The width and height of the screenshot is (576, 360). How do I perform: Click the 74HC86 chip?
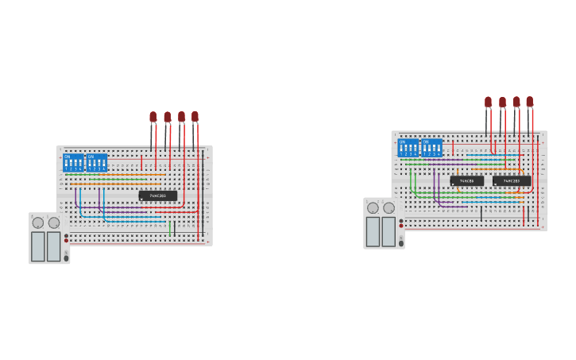point(467,181)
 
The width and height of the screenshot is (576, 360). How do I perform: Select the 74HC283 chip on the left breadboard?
point(158,195)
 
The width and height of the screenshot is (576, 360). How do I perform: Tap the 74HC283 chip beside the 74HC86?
point(512,181)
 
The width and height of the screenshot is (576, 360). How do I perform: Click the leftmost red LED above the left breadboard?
point(153,117)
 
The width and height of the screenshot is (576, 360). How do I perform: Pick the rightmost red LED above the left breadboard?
point(195,117)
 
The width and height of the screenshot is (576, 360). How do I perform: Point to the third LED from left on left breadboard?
point(181,117)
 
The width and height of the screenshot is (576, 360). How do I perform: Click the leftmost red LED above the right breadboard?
point(488,102)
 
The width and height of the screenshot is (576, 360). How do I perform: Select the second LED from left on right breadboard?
point(502,102)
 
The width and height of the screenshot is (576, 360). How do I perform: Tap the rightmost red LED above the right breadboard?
point(530,102)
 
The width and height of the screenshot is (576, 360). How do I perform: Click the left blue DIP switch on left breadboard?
point(74,163)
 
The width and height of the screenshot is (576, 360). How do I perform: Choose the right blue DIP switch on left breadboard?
point(97,163)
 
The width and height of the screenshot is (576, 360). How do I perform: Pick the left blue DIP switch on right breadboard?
point(408,148)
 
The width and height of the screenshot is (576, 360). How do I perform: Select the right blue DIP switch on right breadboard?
point(431,148)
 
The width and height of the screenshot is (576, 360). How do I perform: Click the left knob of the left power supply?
point(38,223)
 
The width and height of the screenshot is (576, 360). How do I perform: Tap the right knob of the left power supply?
point(54,223)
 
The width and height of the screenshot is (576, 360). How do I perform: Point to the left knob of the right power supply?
point(373,208)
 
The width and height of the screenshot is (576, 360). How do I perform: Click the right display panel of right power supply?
point(389,231)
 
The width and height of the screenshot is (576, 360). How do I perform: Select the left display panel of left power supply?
point(38,246)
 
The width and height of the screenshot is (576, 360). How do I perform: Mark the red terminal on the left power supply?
point(67,240)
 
